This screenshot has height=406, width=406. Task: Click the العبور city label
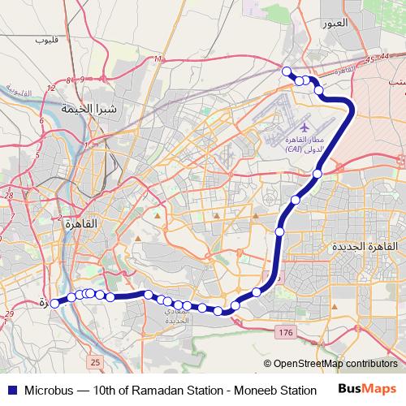(x=334, y=24)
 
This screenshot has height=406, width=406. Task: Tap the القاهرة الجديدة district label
(x=365, y=245)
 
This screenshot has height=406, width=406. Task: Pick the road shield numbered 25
(x=96, y=361)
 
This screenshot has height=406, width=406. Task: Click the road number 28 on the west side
(x=9, y=196)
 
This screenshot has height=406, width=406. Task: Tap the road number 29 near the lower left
(x=9, y=314)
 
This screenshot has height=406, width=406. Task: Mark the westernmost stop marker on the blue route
(x=54, y=304)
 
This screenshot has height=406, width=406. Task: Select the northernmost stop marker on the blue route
(x=286, y=71)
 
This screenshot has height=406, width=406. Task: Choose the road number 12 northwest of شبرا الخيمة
(x=51, y=87)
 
